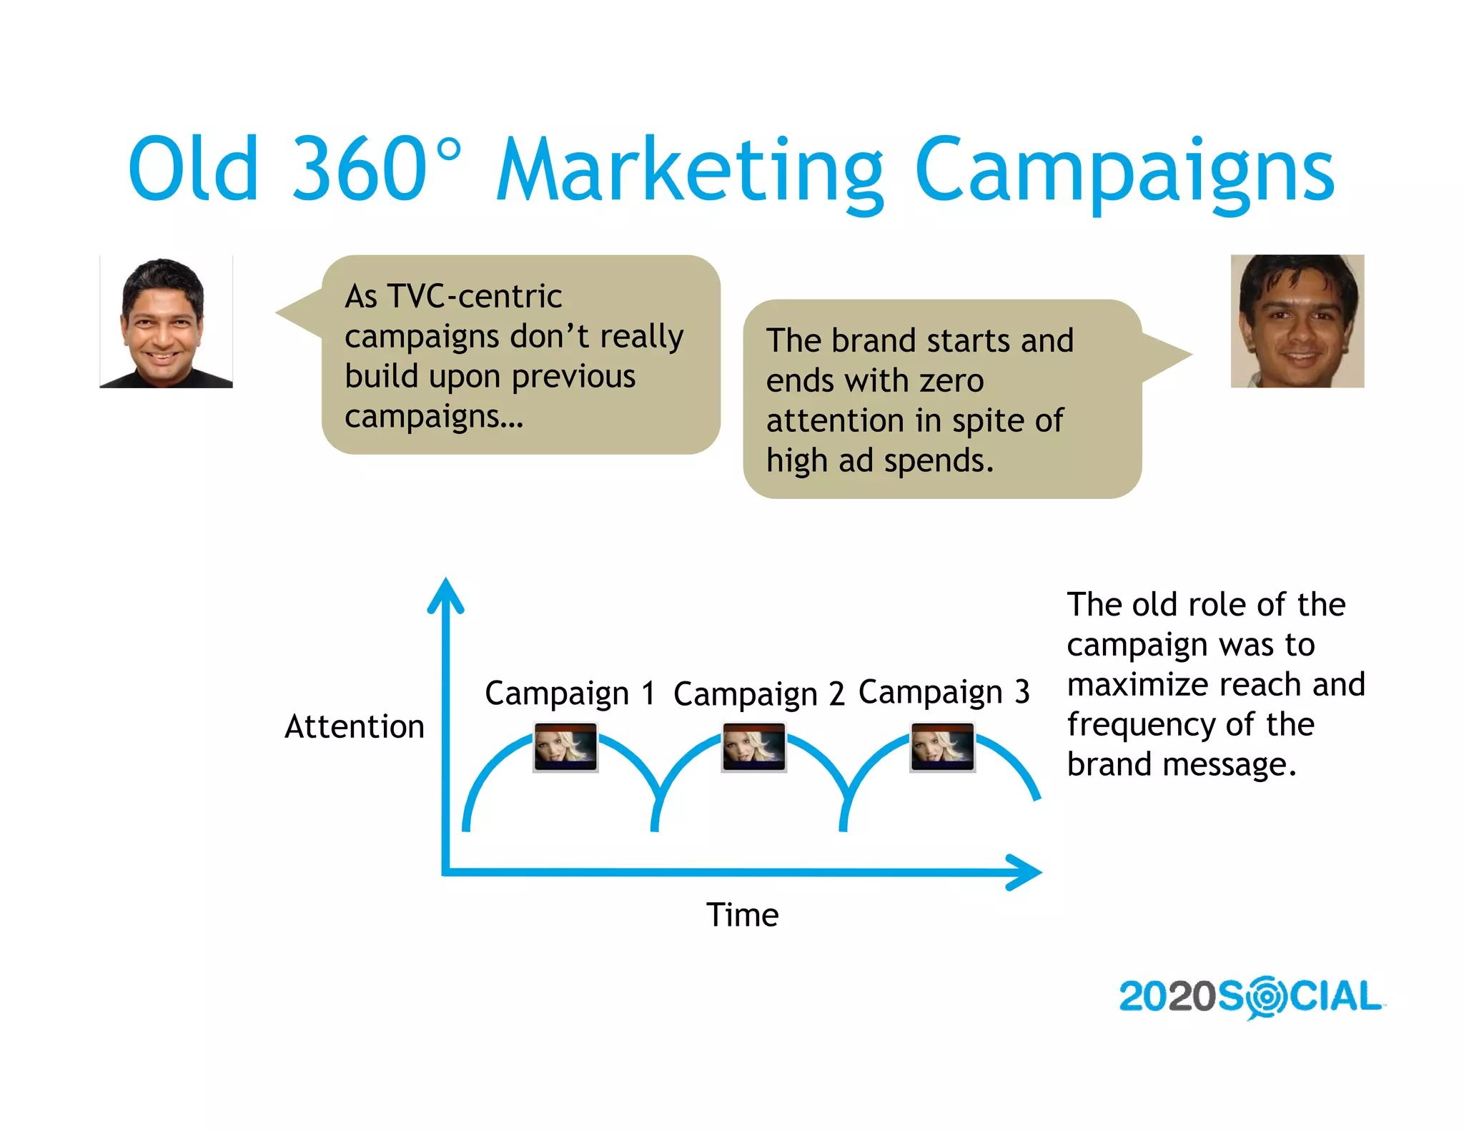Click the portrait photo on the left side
click(166, 322)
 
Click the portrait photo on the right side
click(1297, 321)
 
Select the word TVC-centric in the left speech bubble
click(475, 296)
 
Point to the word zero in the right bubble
click(951, 380)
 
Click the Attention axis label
click(354, 726)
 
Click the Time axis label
click(742, 914)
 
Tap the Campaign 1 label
click(570, 693)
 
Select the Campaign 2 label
click(758, 693)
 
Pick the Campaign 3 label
click(943, 692)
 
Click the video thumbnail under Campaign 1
click(565, 747)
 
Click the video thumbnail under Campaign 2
click(753, 747)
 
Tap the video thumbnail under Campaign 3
click(942, 747)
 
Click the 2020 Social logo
click(1250, 997)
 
